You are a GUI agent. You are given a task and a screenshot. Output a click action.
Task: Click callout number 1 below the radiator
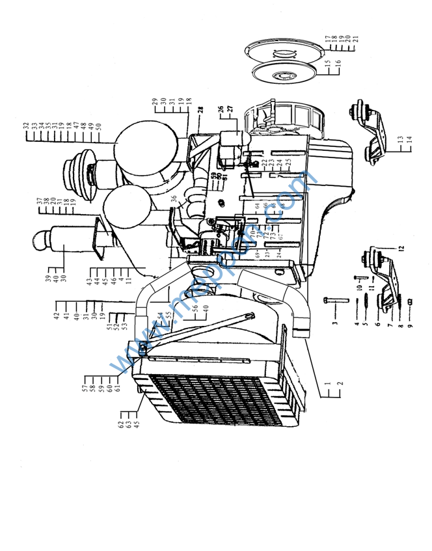point(327,384)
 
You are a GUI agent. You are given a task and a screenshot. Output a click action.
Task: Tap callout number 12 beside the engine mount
point(401,248)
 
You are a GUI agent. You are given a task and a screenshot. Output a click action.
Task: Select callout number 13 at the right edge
point(401,139)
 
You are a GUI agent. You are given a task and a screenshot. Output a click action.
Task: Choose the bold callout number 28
point(201,111)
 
